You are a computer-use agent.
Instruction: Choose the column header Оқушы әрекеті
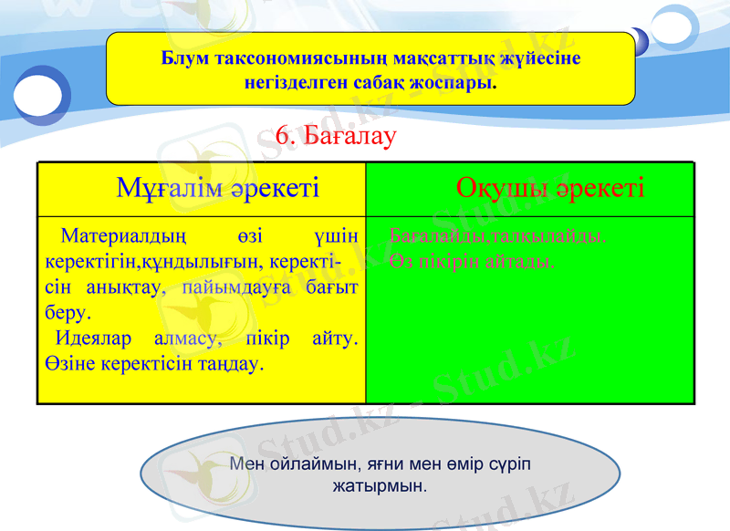pos(550,189)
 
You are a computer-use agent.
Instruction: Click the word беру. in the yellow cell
pos(67,312)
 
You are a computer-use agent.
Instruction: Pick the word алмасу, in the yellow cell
pos(188,339)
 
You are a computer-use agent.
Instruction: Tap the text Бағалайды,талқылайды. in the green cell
pos(497,236)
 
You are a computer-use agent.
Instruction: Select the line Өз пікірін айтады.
pos(472,262)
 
